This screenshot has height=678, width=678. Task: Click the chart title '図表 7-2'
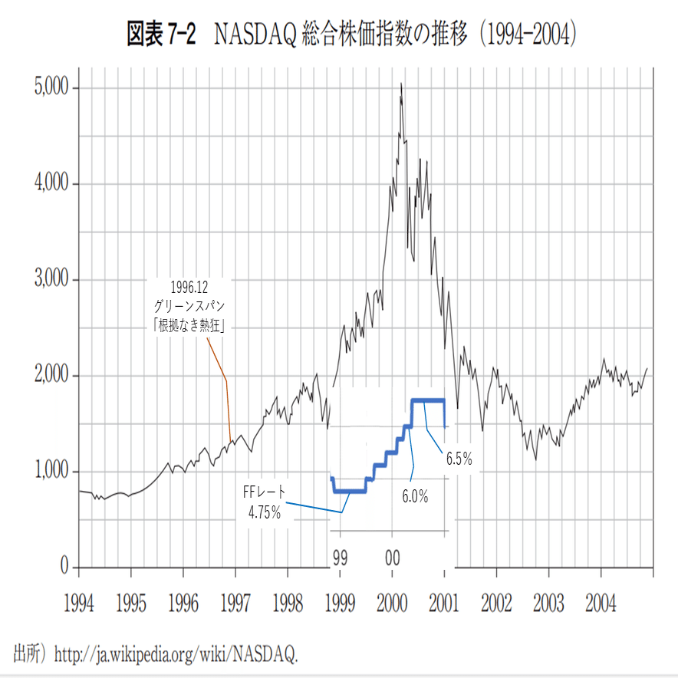tap(163, 35)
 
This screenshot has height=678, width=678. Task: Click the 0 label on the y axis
tap(66, 567)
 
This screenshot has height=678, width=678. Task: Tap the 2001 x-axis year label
tap(444, 604)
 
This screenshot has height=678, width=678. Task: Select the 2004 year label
tap(601, 604)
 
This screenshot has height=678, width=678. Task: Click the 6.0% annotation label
tap(415, 496)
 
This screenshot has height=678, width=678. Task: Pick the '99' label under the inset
tap(340, 555)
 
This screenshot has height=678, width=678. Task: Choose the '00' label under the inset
tap(392, 555)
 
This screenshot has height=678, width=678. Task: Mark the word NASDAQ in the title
tap(257, 35)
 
